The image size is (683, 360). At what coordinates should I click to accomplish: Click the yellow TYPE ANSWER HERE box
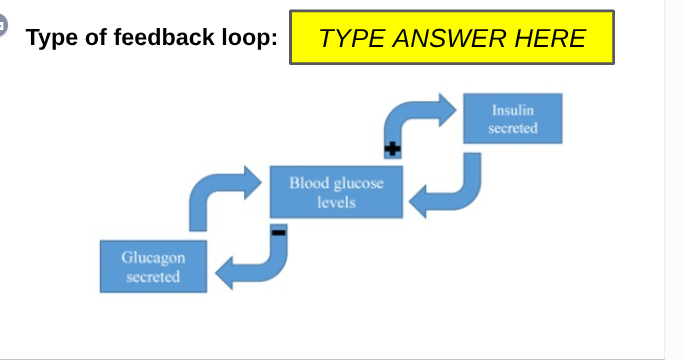click(x=451, y=38)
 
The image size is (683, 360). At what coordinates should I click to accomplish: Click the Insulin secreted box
click(x=512, y=119)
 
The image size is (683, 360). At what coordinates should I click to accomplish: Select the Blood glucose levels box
click(x=336, y=192)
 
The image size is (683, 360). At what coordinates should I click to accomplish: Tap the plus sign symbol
click(x=392, y=149)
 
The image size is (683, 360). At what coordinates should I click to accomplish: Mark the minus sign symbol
click(x=279, y=231)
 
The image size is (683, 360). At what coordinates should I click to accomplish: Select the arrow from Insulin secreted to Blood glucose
click(x=450, y=190)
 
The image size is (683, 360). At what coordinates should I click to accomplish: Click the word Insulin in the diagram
click(x=512, y=109)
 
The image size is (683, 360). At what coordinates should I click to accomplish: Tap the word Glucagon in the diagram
click(x=153, y=257)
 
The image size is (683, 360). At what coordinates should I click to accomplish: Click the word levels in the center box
click(x=336, y=202)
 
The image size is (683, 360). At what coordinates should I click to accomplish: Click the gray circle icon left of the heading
click(x=3, y=27)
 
